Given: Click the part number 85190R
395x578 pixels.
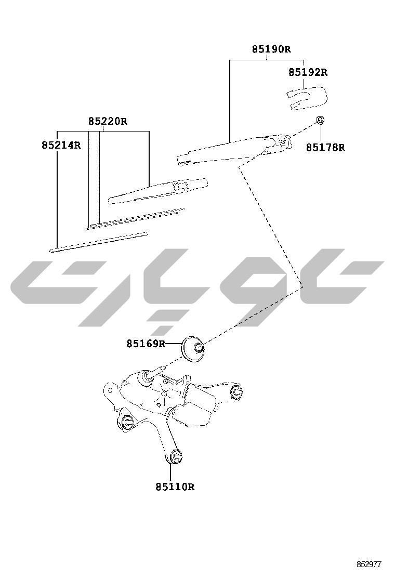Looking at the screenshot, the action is tap(271, 49).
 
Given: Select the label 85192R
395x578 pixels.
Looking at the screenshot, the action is tap(308, 72).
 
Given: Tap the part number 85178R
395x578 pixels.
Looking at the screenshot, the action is tap(325, 148).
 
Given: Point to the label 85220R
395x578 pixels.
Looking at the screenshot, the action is tap(108, 121).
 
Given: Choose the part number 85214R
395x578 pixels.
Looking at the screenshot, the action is tap(61, 145).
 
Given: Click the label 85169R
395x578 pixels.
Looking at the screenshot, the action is tap(146, 344).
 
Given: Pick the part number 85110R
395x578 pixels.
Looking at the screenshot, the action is tap(175, 487).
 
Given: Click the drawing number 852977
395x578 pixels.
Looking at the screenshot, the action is tap(368, 564).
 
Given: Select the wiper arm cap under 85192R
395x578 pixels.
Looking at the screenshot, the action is tap(307, 98).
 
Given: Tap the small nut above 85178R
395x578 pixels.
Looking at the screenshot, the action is tap(321, 120).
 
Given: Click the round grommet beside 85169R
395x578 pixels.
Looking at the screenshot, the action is tap(193, 349).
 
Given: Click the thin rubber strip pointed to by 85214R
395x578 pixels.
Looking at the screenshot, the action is tap(98, 242).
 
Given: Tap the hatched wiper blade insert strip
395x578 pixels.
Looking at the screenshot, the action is tap(135, 219).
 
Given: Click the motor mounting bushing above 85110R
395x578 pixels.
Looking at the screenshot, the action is tap(175, 457).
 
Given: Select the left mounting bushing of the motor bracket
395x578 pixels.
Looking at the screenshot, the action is tap(127, 423).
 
